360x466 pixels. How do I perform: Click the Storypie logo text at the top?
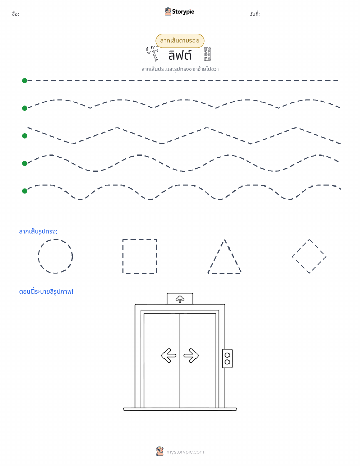point(183,12)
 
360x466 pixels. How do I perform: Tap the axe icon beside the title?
point(152,53)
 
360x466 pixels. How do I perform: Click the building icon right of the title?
point(207,54)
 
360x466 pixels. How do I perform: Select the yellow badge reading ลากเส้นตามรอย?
point(180,41)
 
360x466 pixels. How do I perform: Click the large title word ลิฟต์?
point(180,55)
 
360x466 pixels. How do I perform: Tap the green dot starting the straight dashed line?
point(25,80)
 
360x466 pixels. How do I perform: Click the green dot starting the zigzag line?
point(25,136)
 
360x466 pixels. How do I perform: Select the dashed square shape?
point(123,256)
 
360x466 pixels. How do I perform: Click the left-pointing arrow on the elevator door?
point(169,355)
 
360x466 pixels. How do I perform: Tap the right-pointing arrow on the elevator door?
point(191,355)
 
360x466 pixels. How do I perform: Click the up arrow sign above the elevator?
point(180,299)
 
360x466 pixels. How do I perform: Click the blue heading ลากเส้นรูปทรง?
point(38,231)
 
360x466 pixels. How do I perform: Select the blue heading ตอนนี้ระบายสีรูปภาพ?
point(46,292)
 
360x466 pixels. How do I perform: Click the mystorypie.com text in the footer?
point(185,452)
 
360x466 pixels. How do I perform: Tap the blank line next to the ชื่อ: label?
point(90,17)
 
